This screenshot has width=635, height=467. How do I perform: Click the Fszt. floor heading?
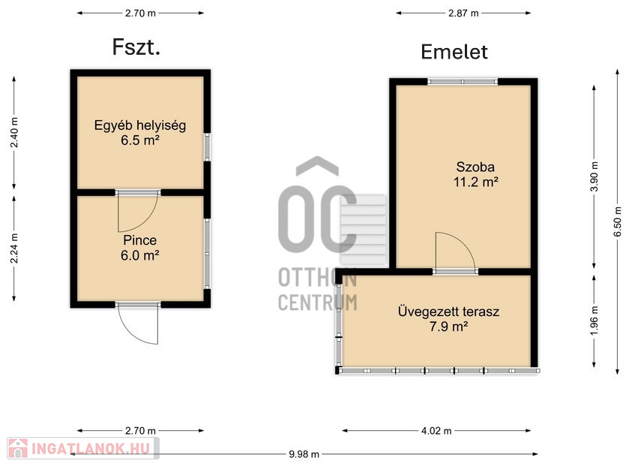(x=136, y=47)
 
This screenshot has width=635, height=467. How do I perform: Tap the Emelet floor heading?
(x=454, y=53)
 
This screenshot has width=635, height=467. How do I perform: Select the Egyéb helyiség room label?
(x=140, y=125)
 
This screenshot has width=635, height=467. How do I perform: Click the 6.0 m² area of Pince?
(x=139, y=255)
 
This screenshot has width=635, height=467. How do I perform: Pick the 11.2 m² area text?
(x=475, y=182)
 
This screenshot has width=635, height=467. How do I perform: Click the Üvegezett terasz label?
(x=449, y=312)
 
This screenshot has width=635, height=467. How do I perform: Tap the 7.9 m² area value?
(x=449, y=326)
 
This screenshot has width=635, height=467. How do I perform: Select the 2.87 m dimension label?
(x=463, y=14)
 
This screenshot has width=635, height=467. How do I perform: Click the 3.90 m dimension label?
(x=594, y=176)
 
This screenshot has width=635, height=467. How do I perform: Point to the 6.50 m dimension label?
(x=618, y=222)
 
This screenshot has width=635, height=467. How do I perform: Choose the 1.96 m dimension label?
(x=594, y=321)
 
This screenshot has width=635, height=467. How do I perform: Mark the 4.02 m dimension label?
(x=436, y=431)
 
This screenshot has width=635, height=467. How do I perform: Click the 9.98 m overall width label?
(x=304, y=454)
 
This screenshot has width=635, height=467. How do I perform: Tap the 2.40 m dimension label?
(x=14, y=133)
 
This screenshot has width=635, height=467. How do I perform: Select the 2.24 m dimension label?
(x=14, y=249)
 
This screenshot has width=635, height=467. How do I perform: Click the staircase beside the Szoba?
(x=364, y=230)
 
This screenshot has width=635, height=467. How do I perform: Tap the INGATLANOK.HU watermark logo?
(x=83, y=448)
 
